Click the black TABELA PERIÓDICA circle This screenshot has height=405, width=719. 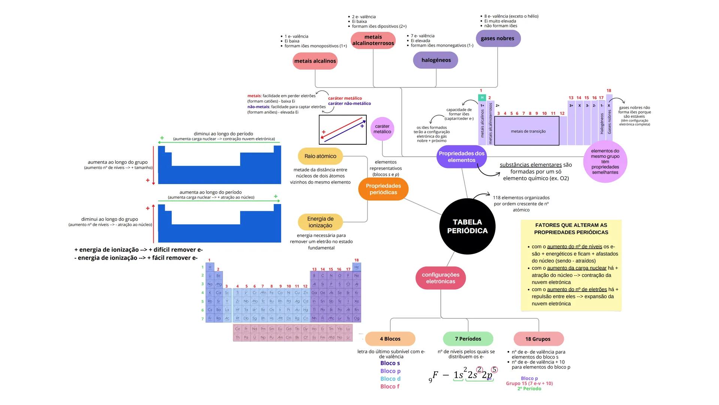[467, 226]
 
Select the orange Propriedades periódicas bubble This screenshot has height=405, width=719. [383, 189]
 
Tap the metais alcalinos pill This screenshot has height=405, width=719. [315, 61]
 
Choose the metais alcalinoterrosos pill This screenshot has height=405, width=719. [373, 40]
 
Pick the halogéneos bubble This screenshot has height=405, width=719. [436, 60]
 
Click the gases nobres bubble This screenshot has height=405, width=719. [498, 38]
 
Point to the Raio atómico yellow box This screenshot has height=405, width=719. [320, 156]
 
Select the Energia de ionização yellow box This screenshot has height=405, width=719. [320, 222]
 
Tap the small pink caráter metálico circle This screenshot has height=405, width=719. [382, 129]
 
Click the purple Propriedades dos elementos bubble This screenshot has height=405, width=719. [462, 157]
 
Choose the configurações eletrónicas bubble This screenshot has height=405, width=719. [440, 278]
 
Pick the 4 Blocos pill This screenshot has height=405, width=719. [390, 339]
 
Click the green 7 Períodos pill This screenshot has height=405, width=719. [468, 339]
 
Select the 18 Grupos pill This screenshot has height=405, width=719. [538, 339]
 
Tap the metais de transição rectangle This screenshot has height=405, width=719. [527, 131]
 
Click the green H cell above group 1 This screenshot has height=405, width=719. [482, 97]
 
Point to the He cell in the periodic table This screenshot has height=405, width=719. [357, 267]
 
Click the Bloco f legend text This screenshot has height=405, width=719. [390, 387]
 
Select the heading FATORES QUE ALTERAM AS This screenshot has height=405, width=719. [571, 225]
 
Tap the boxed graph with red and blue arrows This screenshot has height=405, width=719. [342, 130]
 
